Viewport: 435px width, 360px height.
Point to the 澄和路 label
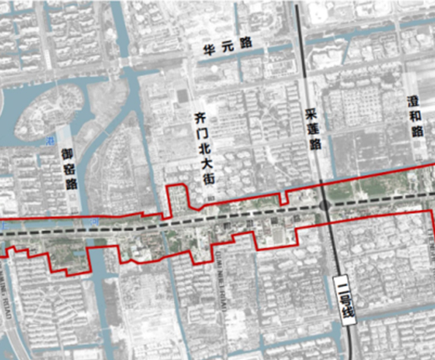click(x=414, y=117)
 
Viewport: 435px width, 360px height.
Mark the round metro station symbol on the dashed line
click(x=323, y=205)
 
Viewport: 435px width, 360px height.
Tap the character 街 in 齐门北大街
click(x=203, y=178)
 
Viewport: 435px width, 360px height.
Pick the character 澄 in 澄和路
click(x=414, y=101)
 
